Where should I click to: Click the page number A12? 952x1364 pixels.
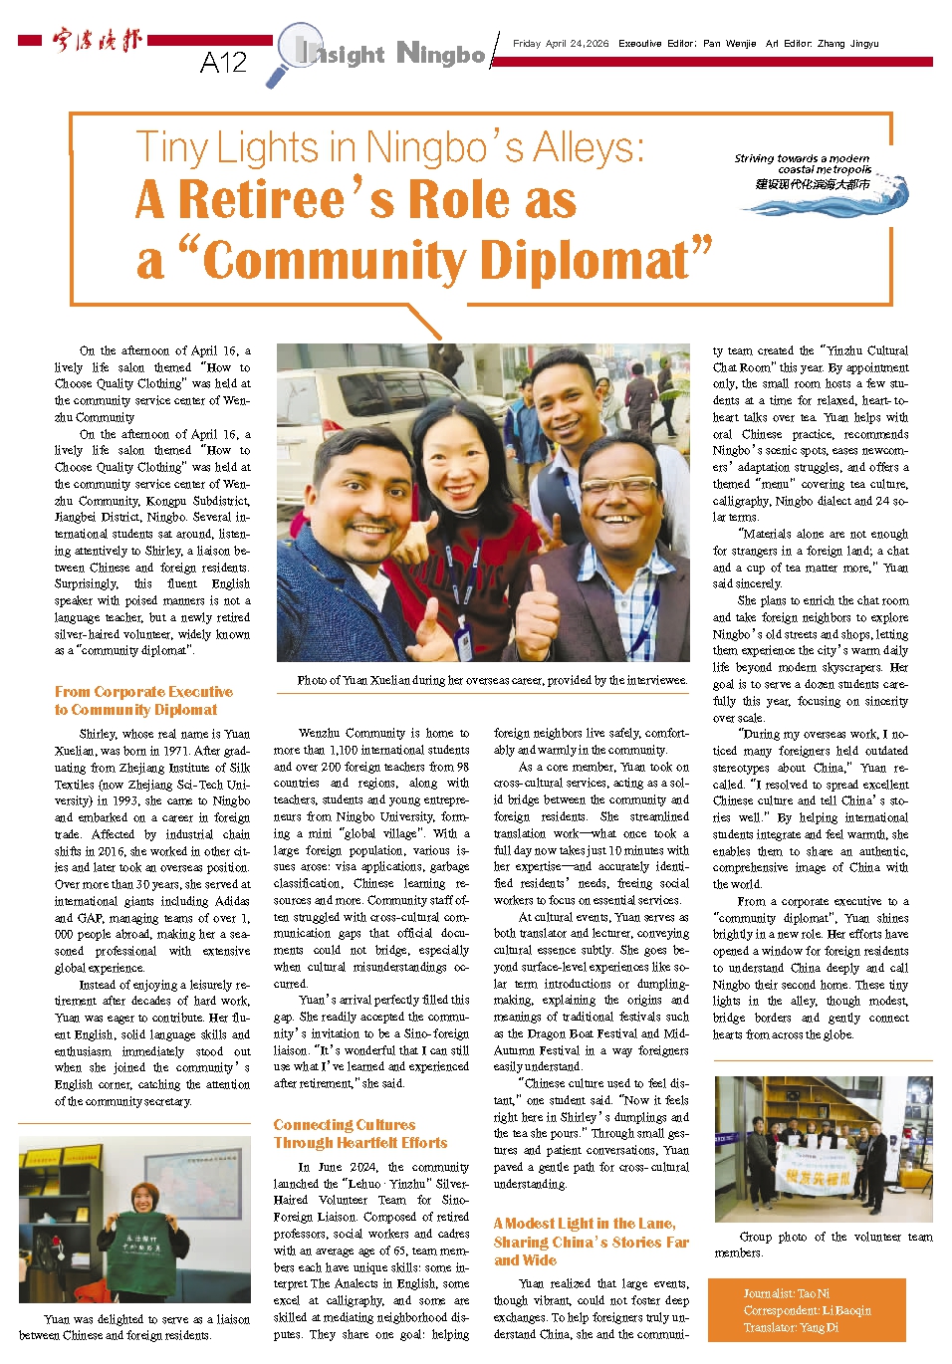click(x=223, y=63)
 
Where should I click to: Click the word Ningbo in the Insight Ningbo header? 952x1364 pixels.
click(x=440, y=53)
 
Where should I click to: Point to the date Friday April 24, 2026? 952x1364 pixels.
click(x=560, y=44)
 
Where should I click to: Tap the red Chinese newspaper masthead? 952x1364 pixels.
click(x=98, y=41)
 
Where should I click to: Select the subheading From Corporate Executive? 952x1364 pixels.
click(x=143, y=691)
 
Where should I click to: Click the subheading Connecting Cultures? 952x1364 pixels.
click(x=345, y=1124)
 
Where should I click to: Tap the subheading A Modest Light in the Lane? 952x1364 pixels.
click(x=584, y=1223)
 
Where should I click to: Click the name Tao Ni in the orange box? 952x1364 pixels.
click(x=813, y=1293)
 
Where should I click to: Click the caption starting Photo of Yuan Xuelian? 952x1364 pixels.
click(x=491, y=680)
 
